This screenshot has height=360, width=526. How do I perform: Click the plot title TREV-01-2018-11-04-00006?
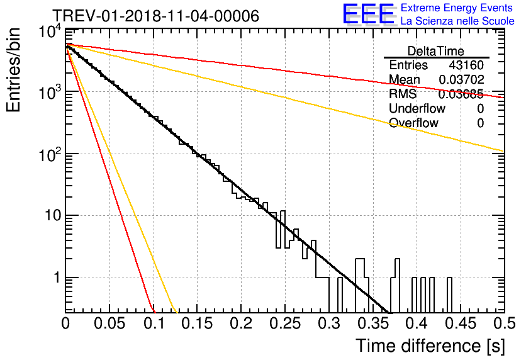point(156,16)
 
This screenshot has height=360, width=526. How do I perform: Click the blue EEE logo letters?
point(368,14)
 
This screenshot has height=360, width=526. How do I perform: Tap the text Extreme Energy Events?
point(457,8)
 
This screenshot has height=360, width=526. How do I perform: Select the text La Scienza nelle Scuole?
point(457,21)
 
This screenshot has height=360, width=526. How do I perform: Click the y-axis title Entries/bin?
point(13,70)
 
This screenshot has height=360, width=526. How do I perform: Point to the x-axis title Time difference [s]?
point(430,346)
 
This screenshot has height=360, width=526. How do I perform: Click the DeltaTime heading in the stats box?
point(436,51)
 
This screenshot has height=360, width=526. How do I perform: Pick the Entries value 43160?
point(466,65)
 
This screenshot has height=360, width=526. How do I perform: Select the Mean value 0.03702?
point(461,79)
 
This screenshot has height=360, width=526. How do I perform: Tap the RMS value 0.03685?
point(461,94)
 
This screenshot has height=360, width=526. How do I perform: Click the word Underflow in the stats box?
point(417,108)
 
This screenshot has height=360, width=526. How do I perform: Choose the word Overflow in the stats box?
point(413,123)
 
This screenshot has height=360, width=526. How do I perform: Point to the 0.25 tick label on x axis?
point(284,323)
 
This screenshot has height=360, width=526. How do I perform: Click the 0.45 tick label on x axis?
point(461,323)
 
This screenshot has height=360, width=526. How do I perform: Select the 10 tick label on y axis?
point(53,215)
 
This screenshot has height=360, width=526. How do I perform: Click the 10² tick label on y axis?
point(50,154)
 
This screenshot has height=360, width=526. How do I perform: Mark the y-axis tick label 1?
point(57,278)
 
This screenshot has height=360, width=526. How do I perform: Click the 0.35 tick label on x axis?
point(372,323)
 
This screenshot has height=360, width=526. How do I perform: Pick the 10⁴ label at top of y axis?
point(50,32)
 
